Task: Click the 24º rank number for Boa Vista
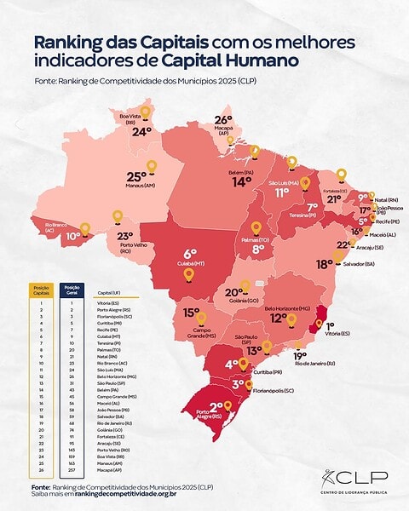pyautogui.click(x=141, y=131)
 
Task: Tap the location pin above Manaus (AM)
pyautogui.click(x=152, y=166)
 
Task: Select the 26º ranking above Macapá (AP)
pyautogui.click(x=223, y=120)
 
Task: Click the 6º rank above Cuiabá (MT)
pyautogui.click(x=190, y=253)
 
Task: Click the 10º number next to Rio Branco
pyautogui.click(x=73, y=236)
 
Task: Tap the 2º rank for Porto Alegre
pyautogui.click(x=216, y=407)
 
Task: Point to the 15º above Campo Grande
pyautogui.click(x=192, y=313)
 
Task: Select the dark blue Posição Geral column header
pyautogui.click(x=72, y=288)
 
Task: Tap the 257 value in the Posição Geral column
pyautogui.click(x=72, y=468)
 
